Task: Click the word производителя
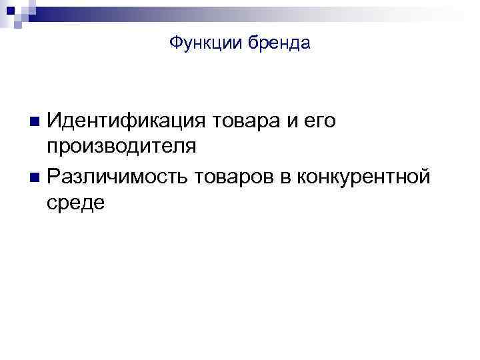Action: coord(121,147)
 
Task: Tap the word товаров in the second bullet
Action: coord(241,176)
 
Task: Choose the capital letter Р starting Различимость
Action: coord(54,176)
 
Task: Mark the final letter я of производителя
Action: coord(191,147)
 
